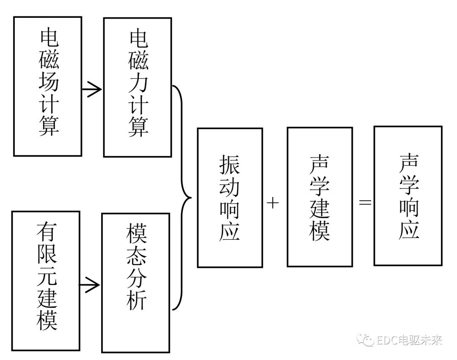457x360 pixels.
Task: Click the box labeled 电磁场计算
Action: [47, 86]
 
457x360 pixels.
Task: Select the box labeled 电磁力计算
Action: [138, 87]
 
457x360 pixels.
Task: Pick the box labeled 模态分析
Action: [135, 282]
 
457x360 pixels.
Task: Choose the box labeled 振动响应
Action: [230, 198]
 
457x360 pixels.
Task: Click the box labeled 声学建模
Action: [319, 197]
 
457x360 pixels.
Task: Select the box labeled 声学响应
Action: [408, 196]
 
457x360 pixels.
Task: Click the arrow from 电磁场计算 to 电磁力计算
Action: [92, 89]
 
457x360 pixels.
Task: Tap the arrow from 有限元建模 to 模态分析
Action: [90, 285]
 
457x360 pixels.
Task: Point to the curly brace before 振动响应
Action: [182, 198]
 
